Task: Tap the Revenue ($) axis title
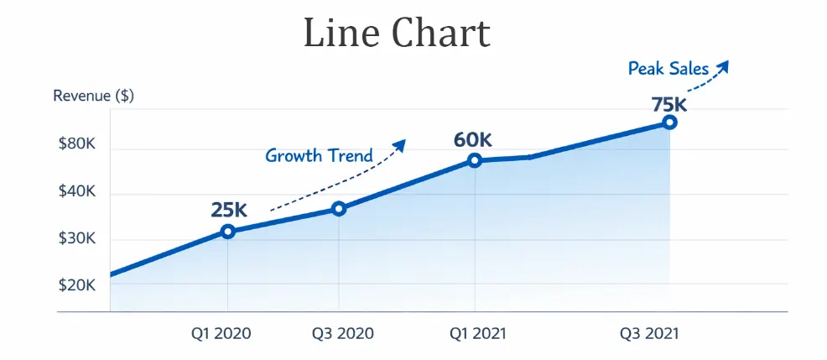[93, 96]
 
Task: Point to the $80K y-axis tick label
[76, 145]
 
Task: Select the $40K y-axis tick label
[76, 192]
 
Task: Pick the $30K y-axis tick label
[76, 239]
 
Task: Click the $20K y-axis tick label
[76, 285]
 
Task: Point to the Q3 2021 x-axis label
[649, 334]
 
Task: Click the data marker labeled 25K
[227, 232]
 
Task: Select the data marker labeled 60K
[475, 160]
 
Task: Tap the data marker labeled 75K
[669, 122]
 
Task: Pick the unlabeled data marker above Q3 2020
[339, 208]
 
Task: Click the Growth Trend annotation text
[319, 155]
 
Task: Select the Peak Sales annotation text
[668, 69]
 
